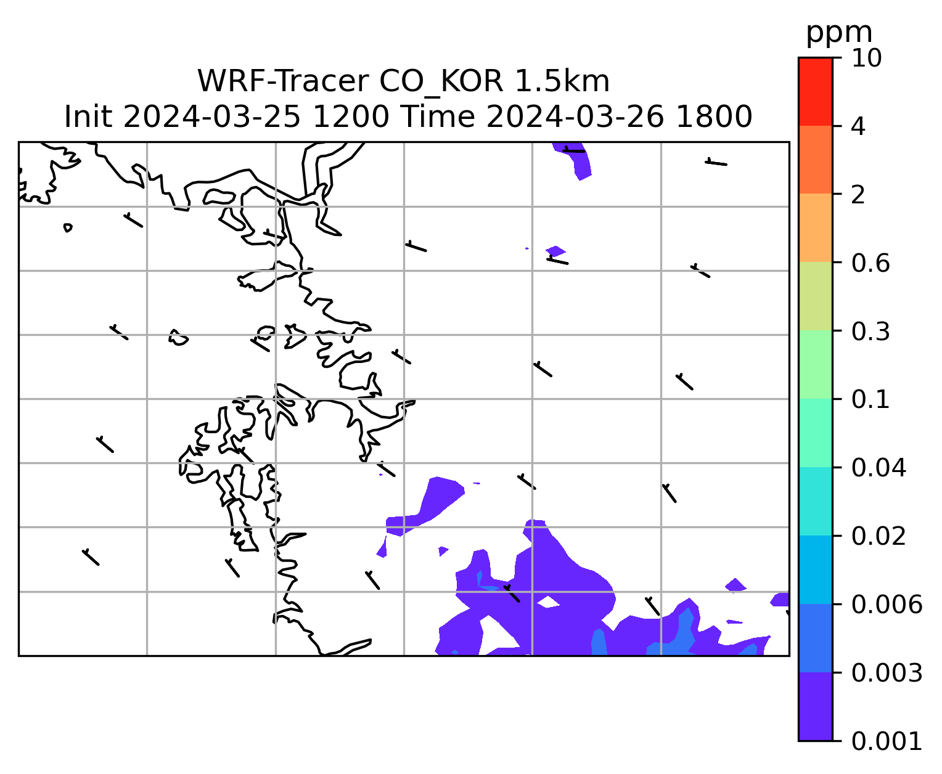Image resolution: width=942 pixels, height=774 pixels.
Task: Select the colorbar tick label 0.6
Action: [870, 263]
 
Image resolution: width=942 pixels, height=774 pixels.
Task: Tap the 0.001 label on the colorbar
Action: [886, 741]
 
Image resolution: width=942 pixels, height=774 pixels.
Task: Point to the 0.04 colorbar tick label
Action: [878, 468]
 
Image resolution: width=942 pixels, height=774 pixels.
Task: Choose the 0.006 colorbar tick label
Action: [886, 605]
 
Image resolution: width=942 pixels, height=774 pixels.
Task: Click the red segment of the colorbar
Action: [815, 91]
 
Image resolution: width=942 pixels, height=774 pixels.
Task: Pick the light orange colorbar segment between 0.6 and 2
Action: [815, 227]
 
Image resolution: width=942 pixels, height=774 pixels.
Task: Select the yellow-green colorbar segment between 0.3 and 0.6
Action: [815, 296]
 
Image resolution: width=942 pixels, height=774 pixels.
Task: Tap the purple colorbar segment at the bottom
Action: [815, 707]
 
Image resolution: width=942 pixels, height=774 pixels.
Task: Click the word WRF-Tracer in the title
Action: [283, 82]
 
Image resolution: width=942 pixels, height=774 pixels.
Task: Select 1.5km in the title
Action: [562, 82]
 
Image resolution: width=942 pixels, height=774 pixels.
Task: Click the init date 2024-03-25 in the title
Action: [211, 117]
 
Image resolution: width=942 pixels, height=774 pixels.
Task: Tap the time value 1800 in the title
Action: [713, 117]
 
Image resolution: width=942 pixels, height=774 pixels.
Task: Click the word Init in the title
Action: [88, 117]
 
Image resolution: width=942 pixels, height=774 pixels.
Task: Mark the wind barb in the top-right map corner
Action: [716, 163]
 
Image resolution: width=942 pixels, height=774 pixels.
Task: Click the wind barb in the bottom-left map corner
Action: [91, 557]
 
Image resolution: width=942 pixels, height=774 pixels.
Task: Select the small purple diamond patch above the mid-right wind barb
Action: [555, 250]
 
